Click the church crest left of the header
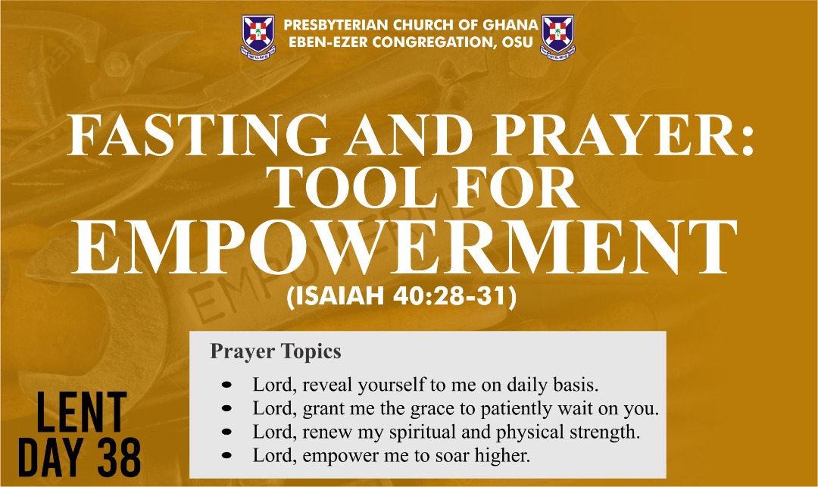point(258,37)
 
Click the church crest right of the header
point(557,37)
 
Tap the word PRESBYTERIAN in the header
point(336,25)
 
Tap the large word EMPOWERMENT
point(404,247)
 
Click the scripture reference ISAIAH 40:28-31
point(401,296)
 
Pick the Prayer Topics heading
point(276,351)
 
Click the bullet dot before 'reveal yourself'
point(226,386)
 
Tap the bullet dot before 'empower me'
point(226,456)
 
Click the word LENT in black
point(81,413)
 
